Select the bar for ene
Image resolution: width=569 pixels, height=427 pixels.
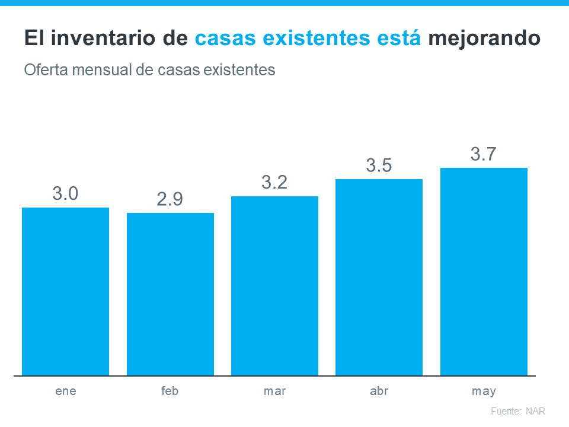(65, 291)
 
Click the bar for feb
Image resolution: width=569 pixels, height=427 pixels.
(170, 294)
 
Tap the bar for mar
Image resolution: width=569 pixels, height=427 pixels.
(274, 286)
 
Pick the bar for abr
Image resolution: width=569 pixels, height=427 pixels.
(379, 277)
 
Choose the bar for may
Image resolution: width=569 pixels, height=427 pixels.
(484, 272)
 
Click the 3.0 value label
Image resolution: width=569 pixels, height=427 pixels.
(65, 193)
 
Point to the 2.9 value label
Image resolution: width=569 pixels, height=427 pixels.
(170, 199)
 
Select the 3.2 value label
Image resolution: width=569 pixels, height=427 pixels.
(274, 182)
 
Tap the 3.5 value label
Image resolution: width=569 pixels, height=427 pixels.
(379, 165)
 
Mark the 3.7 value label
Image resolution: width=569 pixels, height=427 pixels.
(484, 154)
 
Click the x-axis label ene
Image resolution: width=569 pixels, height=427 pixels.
(65, 391)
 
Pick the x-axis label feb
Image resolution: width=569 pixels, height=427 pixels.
(170, 391)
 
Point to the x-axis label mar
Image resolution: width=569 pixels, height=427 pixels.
(274, 391)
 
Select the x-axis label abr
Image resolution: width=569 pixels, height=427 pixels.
(379, 391)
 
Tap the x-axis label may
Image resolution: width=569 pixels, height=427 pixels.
(484, 392)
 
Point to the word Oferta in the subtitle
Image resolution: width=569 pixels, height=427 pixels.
(43, 70)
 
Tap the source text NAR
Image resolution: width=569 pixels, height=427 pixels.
(535, 411)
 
